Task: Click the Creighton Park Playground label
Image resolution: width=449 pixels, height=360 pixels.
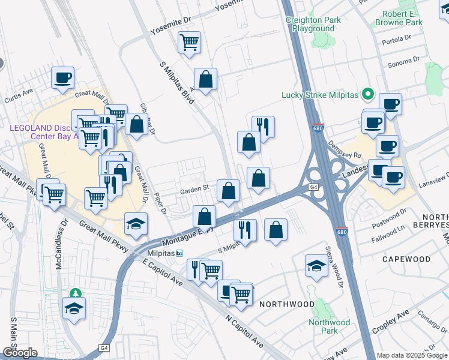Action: click(x=314, y=24)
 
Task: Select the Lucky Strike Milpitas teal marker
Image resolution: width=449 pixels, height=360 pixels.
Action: click(x=368, y=95)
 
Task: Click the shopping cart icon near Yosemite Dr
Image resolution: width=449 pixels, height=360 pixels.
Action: click(x=189, y=43)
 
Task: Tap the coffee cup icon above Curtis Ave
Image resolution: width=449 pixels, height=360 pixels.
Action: click(x=62, y=77)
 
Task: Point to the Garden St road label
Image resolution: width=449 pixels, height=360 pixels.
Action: click(x=194, y=188)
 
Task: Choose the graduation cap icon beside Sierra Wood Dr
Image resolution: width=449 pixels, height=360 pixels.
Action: click(x=316, y=265)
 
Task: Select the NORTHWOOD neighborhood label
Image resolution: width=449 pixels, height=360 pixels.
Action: click(x=286, y=304)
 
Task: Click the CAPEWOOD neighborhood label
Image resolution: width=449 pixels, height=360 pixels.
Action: click(x=406, y=259)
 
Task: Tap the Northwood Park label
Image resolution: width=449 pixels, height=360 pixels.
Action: click(x=329, y=326)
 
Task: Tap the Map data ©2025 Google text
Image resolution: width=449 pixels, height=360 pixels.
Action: click(x=412, y=355)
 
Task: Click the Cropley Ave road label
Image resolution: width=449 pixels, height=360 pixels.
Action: click(x=390, y=322)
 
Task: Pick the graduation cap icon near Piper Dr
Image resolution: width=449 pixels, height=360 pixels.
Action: click(x=136, y=224)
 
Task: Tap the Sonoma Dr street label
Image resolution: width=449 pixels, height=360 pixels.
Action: click(x=403, y=61)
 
